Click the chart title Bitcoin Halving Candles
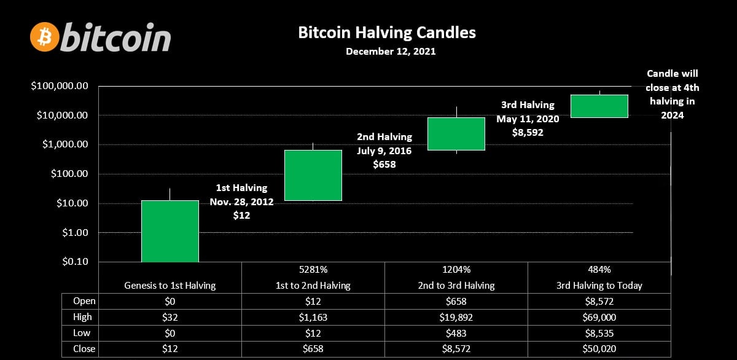387,33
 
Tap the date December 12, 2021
391,52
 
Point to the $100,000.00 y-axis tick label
60,86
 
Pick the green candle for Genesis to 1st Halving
170,231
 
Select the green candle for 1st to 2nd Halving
313,175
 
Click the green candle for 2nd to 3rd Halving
456,133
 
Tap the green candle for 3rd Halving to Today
599,106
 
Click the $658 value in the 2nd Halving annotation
384,164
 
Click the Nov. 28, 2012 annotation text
241,202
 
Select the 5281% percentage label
313,270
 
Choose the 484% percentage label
599,270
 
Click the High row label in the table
82,317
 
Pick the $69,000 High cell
599,317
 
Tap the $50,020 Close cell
599,349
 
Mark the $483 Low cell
456,333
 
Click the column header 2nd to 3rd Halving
456,285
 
